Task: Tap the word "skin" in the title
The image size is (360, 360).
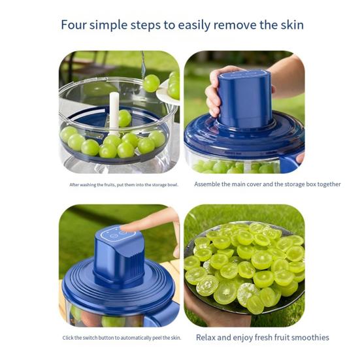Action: (289, 25)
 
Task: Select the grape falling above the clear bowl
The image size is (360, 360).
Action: (152, 82)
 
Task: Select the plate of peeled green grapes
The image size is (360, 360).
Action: (244, 268)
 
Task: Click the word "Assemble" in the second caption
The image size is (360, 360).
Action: (210, 184)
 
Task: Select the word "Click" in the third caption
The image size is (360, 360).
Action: (69, 338)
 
